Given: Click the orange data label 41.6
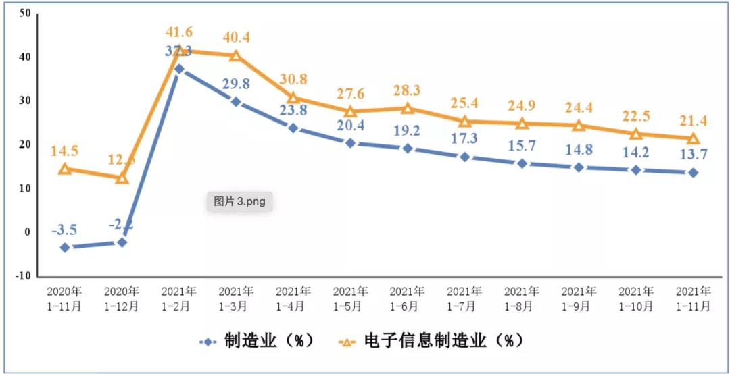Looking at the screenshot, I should coord(179,32).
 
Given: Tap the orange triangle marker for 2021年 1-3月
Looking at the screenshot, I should coord(236,55).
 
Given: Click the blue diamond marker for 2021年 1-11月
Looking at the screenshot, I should coord(693,173).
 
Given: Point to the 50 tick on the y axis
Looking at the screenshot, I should coord(25,14).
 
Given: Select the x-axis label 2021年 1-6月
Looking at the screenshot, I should coord(408,299).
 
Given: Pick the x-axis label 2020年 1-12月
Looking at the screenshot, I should coord(122,299).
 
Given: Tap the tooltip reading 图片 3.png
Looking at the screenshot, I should coord(239,201).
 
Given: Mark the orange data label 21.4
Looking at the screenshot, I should coord(693,121).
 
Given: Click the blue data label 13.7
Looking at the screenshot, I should coord(693,155).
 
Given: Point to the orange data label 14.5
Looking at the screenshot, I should coord(65,151).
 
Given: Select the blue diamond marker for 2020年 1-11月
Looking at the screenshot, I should coord(65,248).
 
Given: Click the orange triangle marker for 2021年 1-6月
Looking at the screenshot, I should coord(408,108).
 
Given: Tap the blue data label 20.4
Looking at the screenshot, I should coord(350,125).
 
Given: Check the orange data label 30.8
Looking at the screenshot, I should coord(293,79).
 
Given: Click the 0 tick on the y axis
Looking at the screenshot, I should coord(28,232).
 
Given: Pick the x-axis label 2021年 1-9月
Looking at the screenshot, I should coord(579,299).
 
